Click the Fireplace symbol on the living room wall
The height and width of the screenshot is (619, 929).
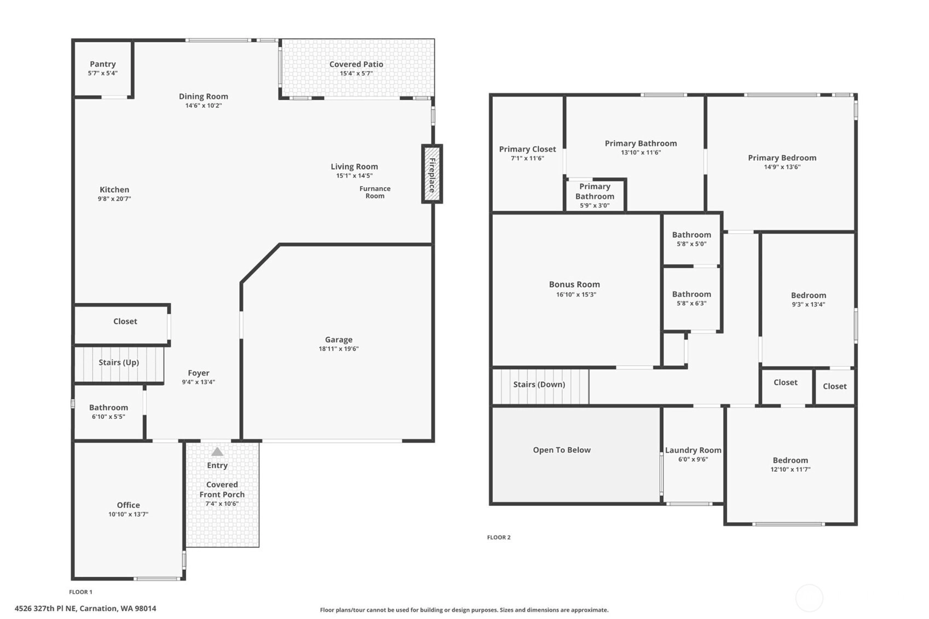click(432, 173)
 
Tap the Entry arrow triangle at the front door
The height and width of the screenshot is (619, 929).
click(217, 452)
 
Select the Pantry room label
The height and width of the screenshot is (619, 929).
click(103, 64)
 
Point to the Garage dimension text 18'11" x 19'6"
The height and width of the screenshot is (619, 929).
click(338, 349)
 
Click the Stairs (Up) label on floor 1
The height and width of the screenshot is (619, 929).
click(119, 362)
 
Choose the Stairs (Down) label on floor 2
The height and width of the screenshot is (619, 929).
click(539, 384)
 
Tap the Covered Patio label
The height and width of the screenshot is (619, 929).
click(356, 64)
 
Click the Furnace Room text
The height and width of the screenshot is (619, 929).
click(375, 192)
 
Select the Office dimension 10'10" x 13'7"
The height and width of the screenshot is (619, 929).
click(128, 514)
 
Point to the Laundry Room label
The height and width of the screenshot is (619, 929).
click(693, 450)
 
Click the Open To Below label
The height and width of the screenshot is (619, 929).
click(562, 450)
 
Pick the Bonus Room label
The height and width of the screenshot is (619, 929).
click(574, 285)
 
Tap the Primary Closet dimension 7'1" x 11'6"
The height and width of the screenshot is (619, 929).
click(527, 158)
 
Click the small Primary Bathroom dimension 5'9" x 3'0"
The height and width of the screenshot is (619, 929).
click(595, 206)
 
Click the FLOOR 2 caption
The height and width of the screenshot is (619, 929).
click(499, 537)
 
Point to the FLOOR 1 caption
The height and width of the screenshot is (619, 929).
click(80, 592)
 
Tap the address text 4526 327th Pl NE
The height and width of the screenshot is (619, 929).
click(45, 609)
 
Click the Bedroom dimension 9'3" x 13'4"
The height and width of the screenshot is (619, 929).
click(809, 304)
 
